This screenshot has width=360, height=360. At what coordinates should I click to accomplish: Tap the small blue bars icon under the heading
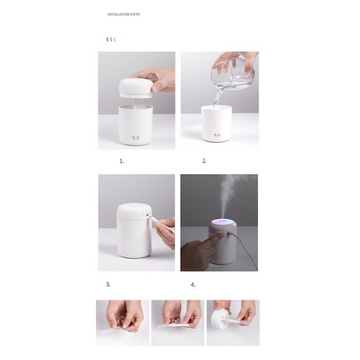[110, 39]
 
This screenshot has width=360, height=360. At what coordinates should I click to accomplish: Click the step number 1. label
[121, 161]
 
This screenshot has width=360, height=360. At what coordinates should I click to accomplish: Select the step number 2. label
[204, 161]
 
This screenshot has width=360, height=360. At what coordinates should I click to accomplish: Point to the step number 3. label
[108, 284]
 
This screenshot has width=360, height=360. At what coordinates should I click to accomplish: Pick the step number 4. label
[192, 284]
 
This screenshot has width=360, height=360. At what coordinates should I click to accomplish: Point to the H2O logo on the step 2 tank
[218, 135]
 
